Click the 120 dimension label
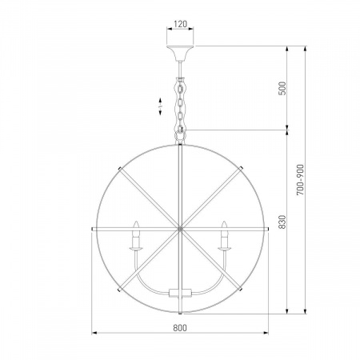[x=180, y=24]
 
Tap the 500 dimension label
[x=282, y=88]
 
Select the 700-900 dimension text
[x=300, y=180]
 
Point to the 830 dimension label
[x=282, y=222]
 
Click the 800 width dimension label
[x=180, y=328]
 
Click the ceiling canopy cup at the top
[x=180, y=54]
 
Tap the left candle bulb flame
[x=136, y=226]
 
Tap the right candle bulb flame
[x=224, y=226]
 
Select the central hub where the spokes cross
[x=180, y=229]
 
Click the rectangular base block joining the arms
[x=180, y=293]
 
